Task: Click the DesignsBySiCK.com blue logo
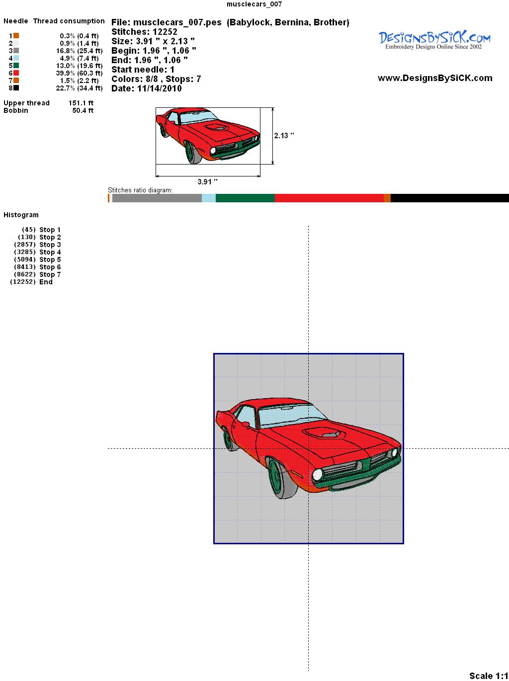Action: click(434, 40)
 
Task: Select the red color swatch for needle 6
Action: click(16, 73)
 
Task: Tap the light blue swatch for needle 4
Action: click(16, 58)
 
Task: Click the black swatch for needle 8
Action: click(16, 88)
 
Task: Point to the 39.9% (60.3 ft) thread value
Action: click(79, 73)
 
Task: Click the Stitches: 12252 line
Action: click(144, 32)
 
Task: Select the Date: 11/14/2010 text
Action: click(147, 88)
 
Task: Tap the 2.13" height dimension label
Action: click(284, 136)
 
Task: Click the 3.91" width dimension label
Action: click(207, 181)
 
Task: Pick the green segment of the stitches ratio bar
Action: click(245, 198)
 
